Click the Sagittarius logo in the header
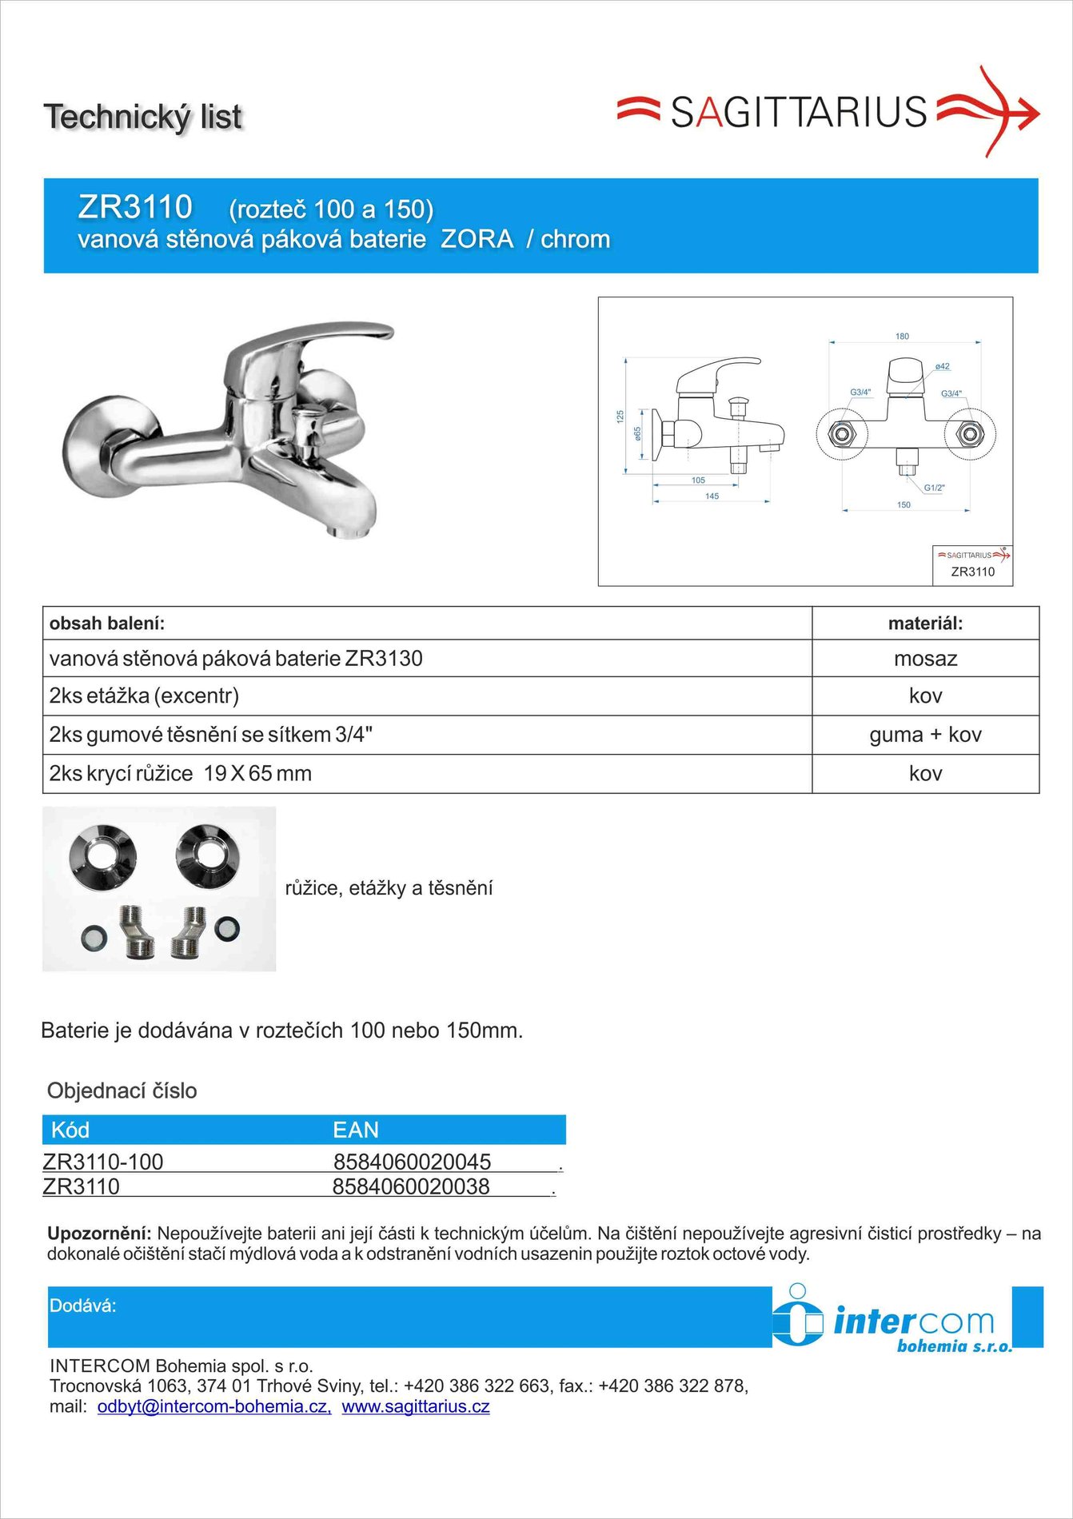828,112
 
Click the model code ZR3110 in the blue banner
135,207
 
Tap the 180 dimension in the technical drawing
902,337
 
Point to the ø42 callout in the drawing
943,367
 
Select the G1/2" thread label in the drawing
934,488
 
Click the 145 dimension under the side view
712,496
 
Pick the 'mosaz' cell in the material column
925,659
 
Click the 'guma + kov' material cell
925,735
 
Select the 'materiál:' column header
925,624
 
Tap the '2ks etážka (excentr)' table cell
145,696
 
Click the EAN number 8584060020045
412,1161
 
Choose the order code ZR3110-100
103,1162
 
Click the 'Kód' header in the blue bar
70,1130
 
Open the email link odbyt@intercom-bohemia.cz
214,1407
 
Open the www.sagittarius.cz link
416,1407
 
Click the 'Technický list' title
142,117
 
